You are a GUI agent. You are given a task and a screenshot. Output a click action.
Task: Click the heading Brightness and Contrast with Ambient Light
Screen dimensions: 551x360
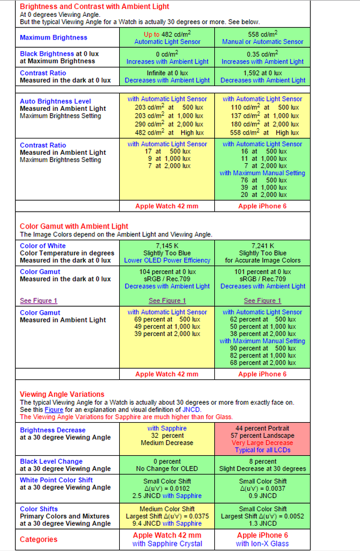click(94, 7)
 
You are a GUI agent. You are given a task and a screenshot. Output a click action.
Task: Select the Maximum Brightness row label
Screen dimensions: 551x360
click(53, 38)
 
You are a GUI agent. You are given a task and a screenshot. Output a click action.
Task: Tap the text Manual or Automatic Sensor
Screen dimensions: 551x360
click(263, 42)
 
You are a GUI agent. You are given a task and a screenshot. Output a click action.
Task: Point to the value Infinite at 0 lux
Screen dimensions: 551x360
click(167, 73)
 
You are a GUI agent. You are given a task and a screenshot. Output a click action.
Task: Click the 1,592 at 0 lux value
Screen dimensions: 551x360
click(263, 73)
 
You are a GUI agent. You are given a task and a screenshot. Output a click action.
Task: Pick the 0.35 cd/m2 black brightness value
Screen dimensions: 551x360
click(263, 54)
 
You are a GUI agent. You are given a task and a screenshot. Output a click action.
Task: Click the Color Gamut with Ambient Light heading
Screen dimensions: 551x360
click(74, 226)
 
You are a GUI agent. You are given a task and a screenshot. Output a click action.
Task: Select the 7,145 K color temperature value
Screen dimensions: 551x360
click(167, 246)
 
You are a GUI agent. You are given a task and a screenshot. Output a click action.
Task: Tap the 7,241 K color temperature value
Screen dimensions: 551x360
click(263, 246)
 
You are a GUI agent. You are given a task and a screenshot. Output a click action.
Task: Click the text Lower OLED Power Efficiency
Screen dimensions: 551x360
click(167, 261)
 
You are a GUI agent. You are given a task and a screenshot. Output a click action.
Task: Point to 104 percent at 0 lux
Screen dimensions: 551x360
click(167, 272)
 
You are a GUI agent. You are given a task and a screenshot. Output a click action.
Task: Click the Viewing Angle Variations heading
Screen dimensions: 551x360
click(62, 395)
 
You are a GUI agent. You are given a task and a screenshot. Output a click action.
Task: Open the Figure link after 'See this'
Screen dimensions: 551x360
click(54, 410)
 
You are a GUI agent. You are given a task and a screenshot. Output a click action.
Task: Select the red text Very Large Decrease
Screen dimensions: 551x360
click(263, 444)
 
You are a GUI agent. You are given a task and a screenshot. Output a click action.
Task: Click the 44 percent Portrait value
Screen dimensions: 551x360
click(263, 429)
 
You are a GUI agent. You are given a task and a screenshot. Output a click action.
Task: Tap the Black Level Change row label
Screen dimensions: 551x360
click(51, 462)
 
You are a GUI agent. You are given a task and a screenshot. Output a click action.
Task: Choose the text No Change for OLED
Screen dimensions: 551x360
click(167, 469)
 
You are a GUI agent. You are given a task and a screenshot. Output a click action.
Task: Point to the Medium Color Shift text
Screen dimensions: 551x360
click(167, 509)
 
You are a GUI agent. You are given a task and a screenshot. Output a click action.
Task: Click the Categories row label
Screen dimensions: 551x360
click(39, 539)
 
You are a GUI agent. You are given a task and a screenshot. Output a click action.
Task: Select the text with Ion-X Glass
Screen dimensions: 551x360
click(263, 544)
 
